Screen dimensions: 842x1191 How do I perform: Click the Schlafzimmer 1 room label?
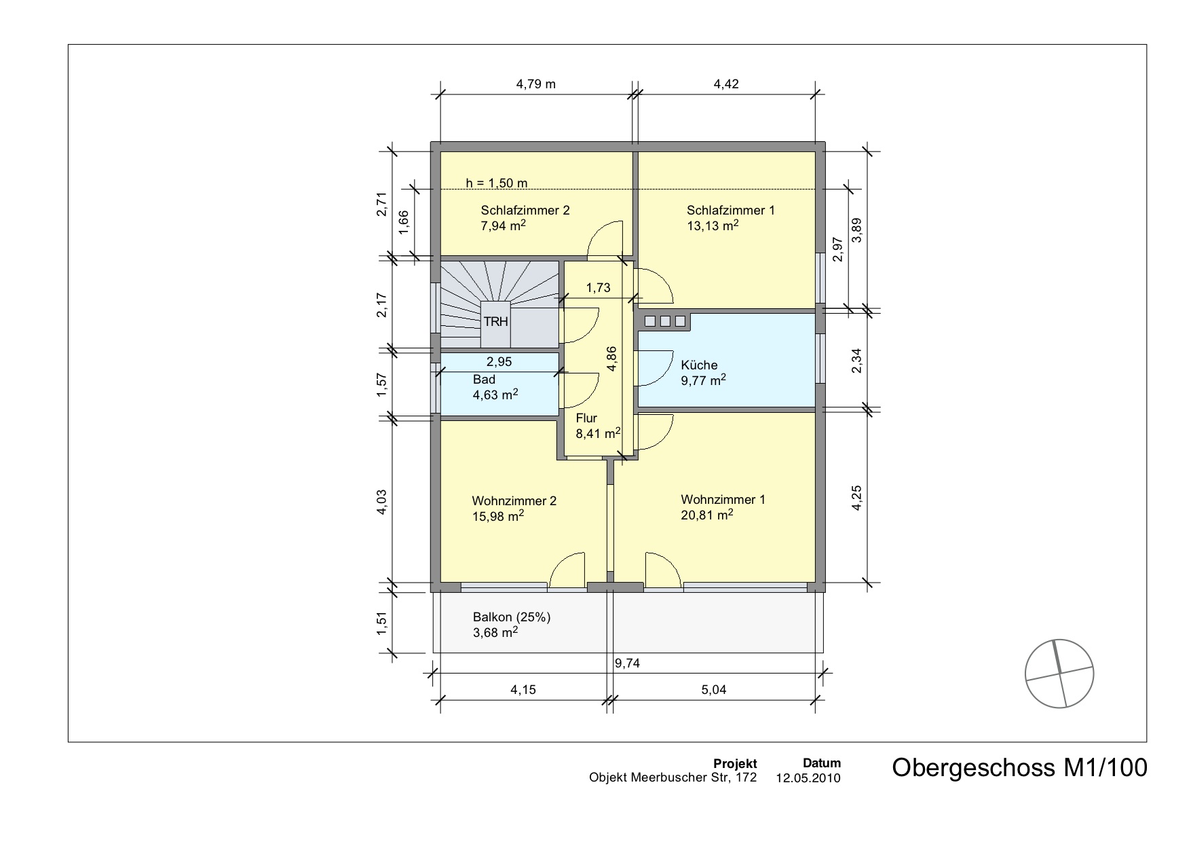(730, 210)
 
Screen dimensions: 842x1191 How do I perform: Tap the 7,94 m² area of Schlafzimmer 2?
(503, 226)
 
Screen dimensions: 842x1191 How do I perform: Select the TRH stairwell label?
(495, 322)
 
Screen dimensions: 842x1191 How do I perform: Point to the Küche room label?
(699, 365)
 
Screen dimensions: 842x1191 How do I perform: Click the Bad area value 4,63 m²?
(495, 395)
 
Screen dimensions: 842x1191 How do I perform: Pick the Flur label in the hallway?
(586, 418)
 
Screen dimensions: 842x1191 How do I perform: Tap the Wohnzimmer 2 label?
(514, 501)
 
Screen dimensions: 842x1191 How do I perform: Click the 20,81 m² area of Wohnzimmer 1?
(706, 515)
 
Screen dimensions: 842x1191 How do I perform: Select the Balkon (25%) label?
(512, 617)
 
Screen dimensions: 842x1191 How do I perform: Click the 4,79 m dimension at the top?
(535, 84)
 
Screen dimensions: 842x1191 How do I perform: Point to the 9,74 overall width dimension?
(628, 664)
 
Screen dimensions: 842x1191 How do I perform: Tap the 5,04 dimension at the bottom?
(714, 690)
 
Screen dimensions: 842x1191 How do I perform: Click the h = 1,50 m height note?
(496, 183)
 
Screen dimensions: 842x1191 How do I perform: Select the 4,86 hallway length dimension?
(612, 358)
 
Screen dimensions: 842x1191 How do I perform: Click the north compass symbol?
(1059, 674)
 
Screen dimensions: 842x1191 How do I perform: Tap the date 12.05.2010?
(808, 778)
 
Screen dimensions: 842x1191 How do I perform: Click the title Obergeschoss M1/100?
(1019, 768)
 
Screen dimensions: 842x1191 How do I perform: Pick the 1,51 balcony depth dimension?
(382, 623)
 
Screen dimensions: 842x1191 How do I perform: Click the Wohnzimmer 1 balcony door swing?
(662, 570)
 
